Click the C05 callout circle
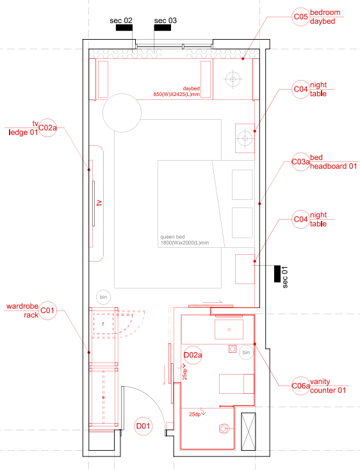click(300, 17)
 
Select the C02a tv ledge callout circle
click(47, 128)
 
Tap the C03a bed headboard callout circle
click(300, 162)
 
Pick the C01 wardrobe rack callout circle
click(47, 311)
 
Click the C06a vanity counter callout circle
click(300, 385)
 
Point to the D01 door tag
click(143, 426)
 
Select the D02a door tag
click(193, 355)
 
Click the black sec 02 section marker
click(124, 28)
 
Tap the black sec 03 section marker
click(163, 28)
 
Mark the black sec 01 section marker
click(277, 273)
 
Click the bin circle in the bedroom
click(103, 297)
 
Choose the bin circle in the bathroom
click(246, 352)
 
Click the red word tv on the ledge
click(99, 202)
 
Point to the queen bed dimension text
click(184, 239)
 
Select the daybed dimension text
click(177, 92)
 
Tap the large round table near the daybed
click(122, 113)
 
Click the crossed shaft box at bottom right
click(249, 432)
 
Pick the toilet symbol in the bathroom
click(224, 428)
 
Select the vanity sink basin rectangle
click(229, 329)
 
